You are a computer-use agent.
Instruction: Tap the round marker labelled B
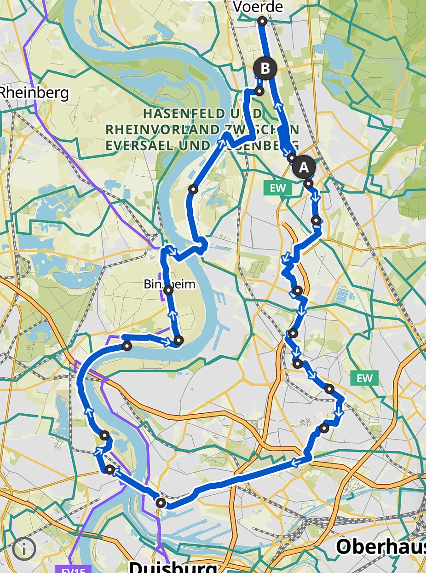[265, 69]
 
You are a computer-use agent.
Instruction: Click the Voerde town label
[258, 7]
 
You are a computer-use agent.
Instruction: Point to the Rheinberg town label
[34, 93]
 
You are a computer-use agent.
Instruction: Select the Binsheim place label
[169, 284]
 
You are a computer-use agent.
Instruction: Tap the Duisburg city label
[173, 566]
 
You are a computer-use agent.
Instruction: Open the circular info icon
[24, 548]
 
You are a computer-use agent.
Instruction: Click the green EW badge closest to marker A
[278, 188]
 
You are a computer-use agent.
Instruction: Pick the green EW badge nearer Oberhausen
[364, 378]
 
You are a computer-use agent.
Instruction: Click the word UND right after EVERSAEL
[197, 145]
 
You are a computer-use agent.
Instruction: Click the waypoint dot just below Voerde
[262, 21]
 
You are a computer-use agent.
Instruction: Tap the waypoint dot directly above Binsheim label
[193, 189]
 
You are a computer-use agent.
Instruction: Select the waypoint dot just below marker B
[259, 91]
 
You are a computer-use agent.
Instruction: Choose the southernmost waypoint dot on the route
[160, 503]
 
